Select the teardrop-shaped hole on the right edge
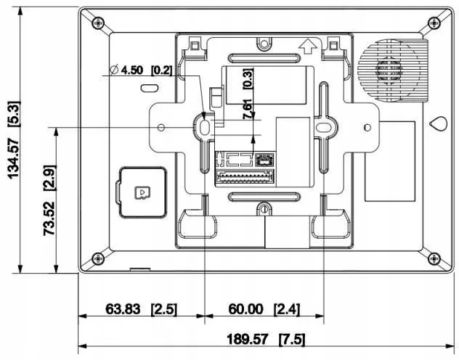tap(438, 124)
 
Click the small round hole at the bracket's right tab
tap(365, 127)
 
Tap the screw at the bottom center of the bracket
tap(266, 210)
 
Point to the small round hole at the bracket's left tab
tap(163, 127)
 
